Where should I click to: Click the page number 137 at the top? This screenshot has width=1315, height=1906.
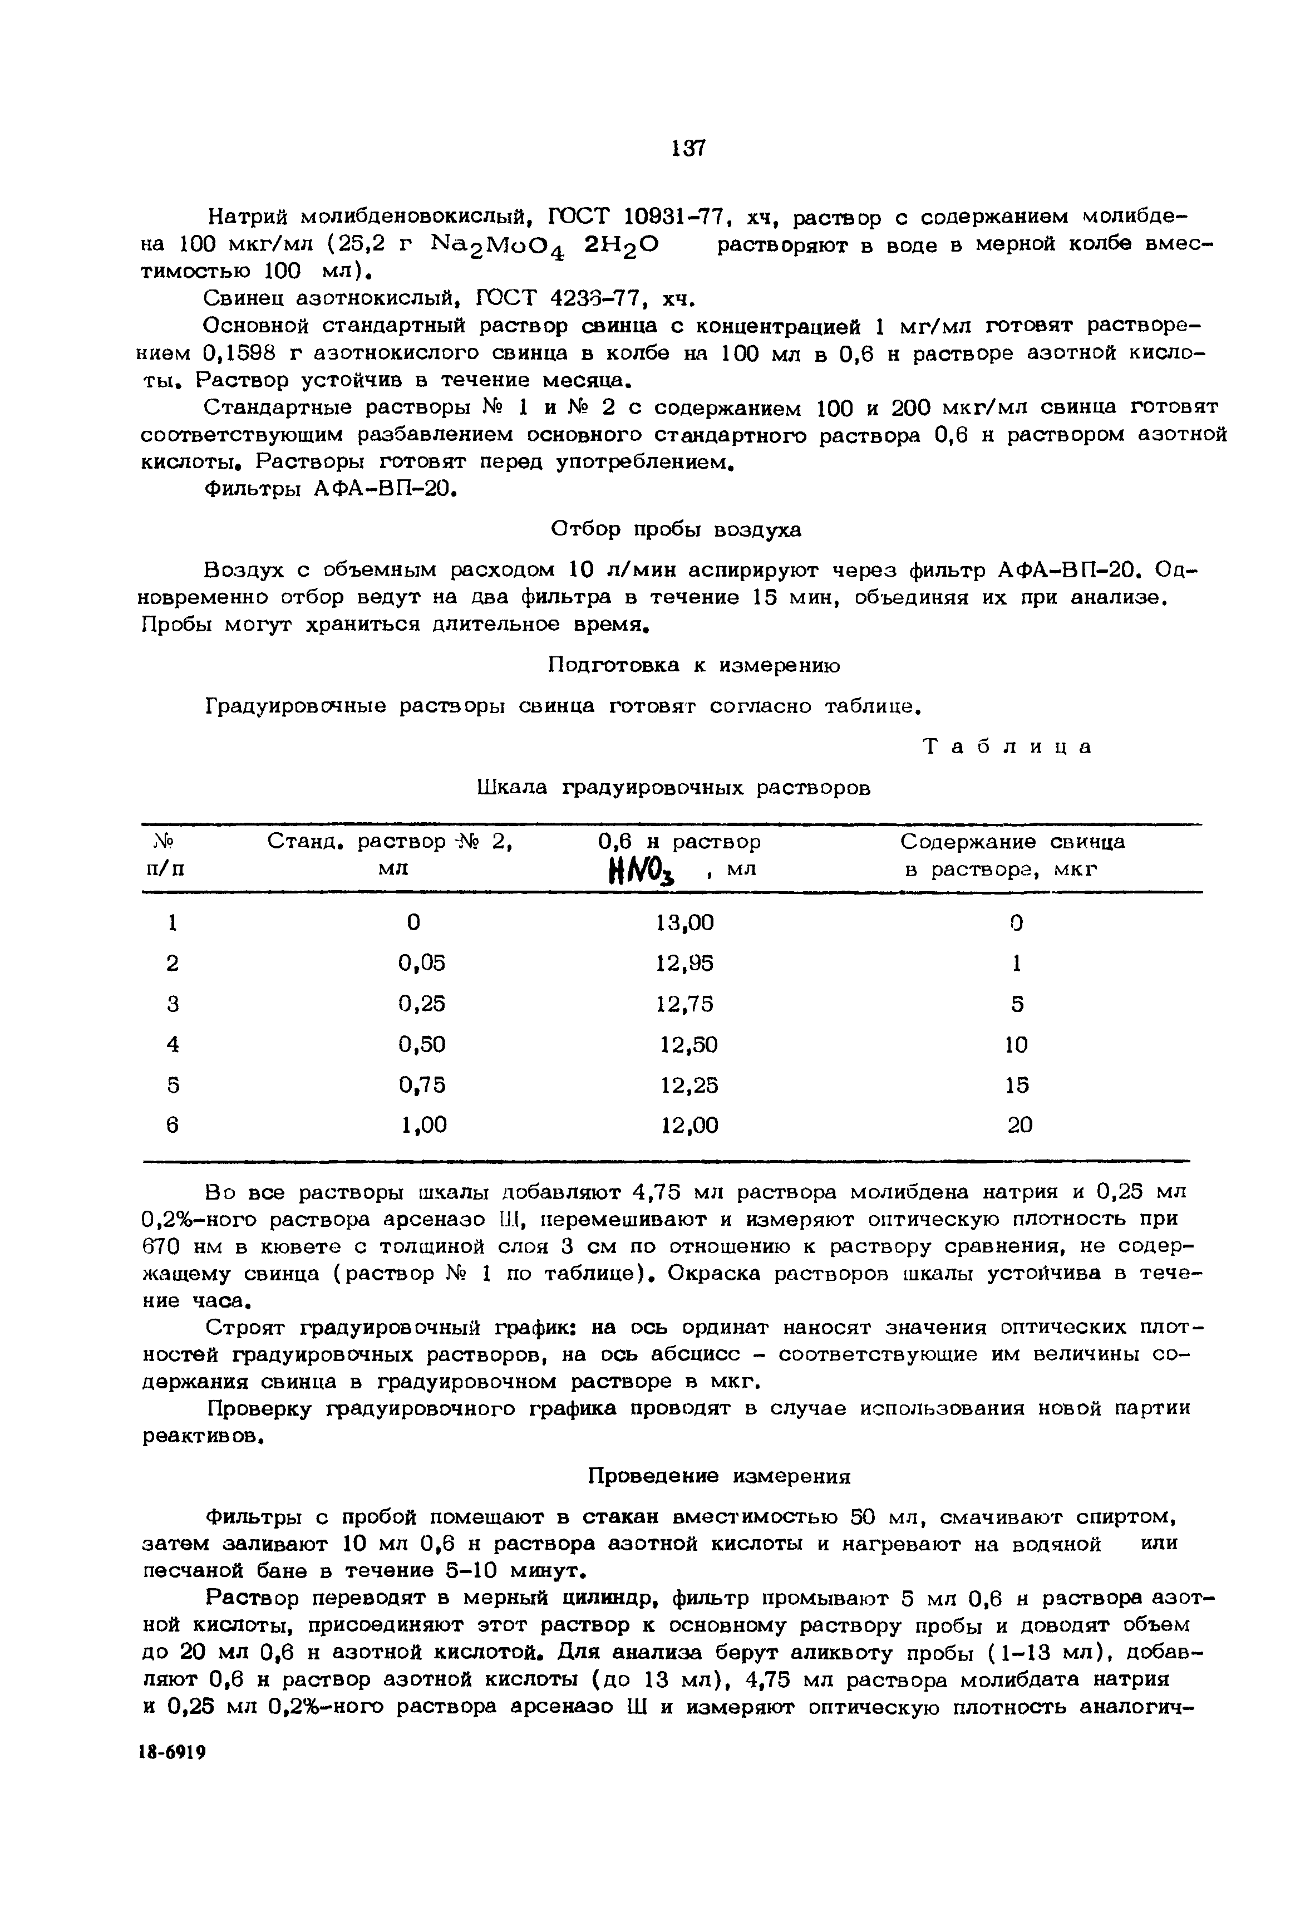[x=688, y=148]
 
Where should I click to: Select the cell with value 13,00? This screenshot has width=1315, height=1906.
[x=684, y=923]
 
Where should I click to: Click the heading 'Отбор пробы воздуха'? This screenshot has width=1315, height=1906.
[x=675, y=529]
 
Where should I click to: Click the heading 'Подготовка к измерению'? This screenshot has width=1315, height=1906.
[x=694, y=665]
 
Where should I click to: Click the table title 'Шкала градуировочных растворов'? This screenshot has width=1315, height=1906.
[x=673, y=788]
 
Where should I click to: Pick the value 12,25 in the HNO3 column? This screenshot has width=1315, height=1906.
[x=689, y=1085]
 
